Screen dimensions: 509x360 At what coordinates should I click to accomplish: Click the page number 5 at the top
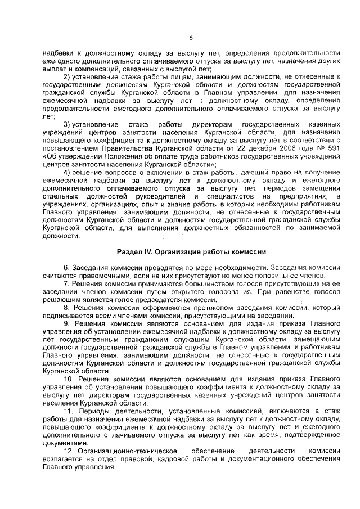coord(191,38)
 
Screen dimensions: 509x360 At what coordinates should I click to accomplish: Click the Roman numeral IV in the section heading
coord(145,251)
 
